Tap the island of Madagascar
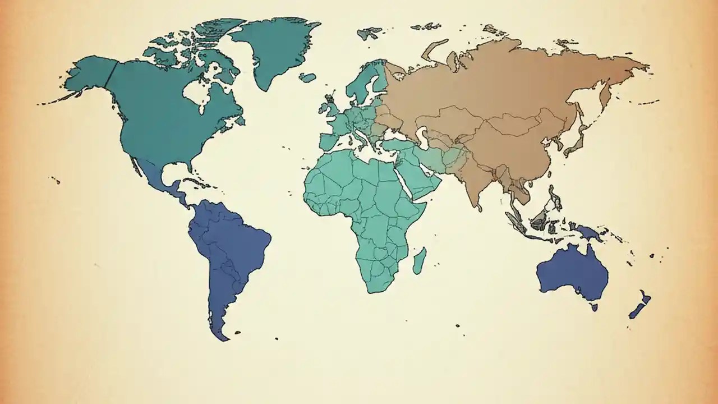coord(420,261)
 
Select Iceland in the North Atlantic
coord(307,77)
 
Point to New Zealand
coord(639,306)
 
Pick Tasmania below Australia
coord(593,307)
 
